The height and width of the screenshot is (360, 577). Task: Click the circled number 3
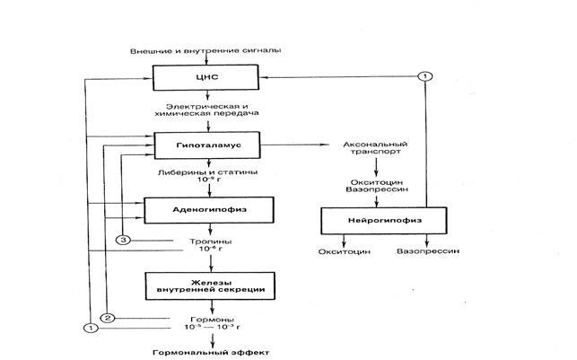125,240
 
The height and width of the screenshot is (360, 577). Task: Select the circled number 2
106,318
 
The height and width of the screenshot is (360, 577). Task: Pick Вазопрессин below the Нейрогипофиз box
427,252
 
